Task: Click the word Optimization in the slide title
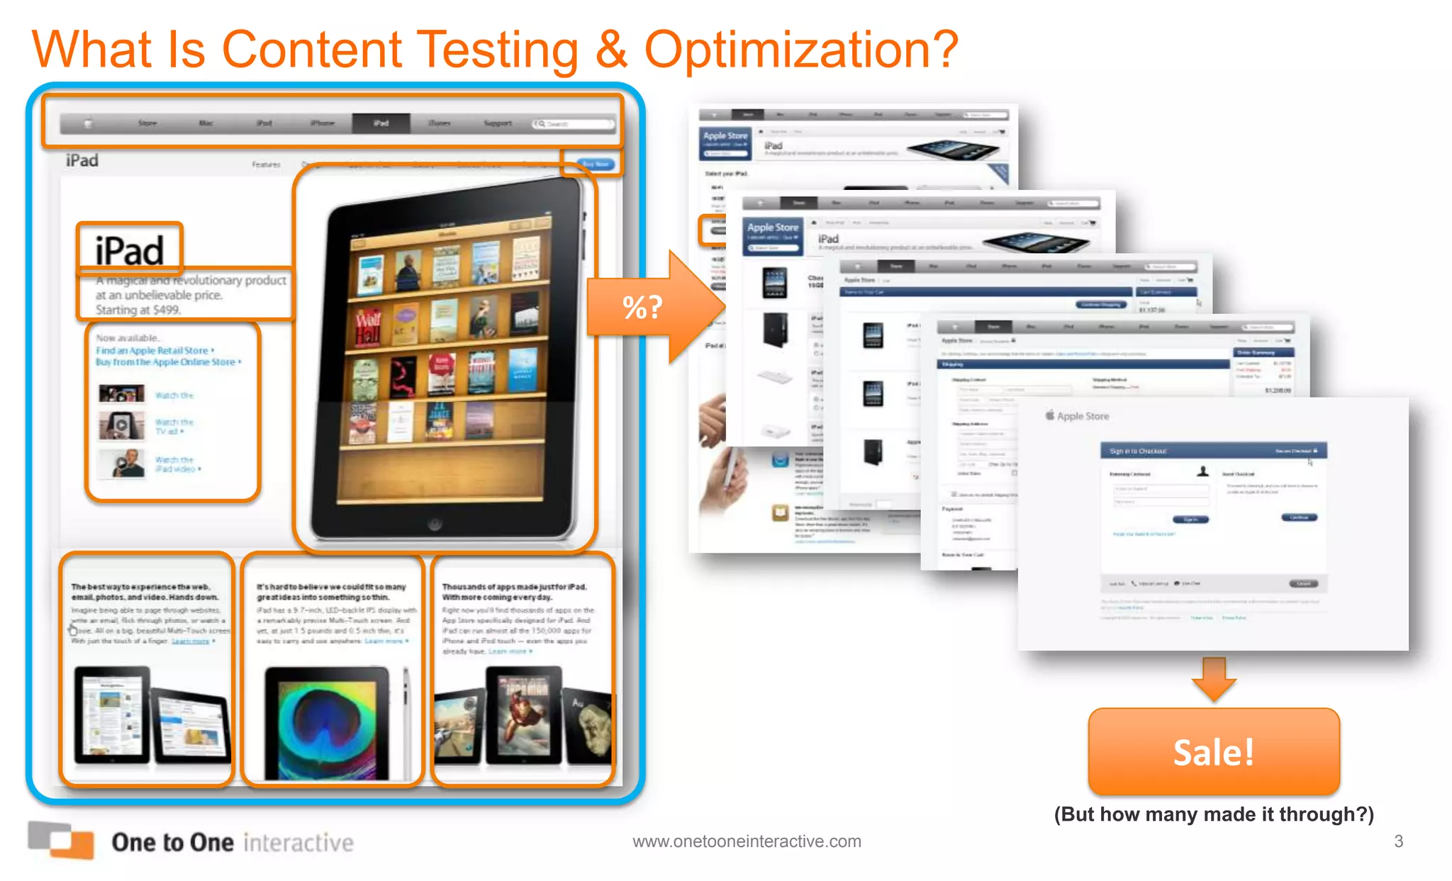[801, 50]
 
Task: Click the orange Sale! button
[1214, 751]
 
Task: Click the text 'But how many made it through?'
[1214, 814]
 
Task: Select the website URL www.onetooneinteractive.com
[747, 841]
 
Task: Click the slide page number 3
[1398, 841]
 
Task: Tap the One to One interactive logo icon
[61, 840]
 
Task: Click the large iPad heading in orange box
[130, 250]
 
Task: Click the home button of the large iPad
[435, 524]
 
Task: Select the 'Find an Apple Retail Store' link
[152, 350]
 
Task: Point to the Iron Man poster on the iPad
[523, 716]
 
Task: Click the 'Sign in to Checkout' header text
[1138, 451]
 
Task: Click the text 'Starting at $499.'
[138, 310]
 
